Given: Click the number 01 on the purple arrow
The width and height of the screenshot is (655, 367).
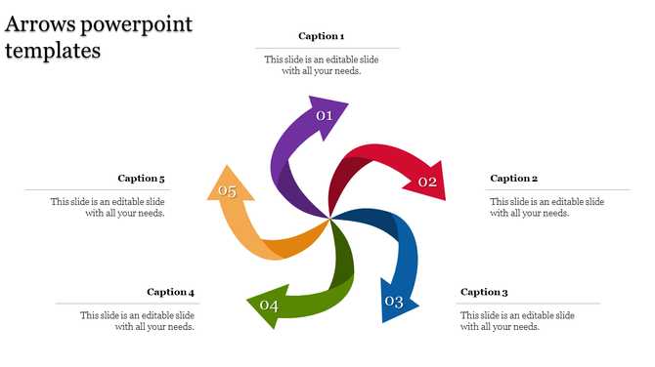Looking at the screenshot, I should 325,116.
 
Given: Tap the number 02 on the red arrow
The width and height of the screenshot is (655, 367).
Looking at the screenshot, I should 427,182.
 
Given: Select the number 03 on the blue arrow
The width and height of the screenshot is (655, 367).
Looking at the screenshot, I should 394,302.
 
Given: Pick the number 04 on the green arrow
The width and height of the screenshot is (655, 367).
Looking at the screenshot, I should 269,306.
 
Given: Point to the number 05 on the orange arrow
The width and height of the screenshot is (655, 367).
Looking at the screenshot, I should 228,191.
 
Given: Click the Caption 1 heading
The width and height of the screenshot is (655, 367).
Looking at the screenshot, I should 321,36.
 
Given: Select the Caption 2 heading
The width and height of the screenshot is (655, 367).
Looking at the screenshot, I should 514,179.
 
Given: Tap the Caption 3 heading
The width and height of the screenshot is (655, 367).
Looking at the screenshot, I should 485,292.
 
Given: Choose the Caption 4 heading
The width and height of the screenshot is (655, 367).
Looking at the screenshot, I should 171,292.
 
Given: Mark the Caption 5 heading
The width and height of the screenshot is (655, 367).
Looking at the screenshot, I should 142,179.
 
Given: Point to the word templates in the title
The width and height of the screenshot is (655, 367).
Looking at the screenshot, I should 54,51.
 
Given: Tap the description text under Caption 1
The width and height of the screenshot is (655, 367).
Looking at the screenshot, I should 322,64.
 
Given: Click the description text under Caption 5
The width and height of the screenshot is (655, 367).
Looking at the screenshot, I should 109,207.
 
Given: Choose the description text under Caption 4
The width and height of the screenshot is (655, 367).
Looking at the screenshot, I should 138,321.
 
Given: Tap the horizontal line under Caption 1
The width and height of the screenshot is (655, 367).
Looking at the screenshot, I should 327,48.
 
